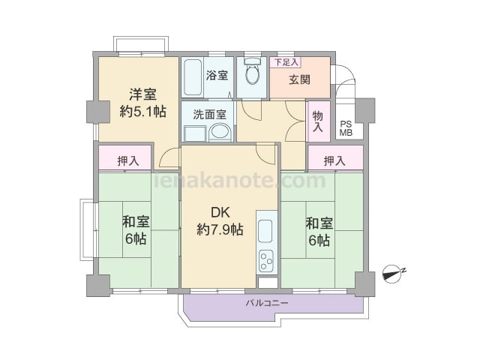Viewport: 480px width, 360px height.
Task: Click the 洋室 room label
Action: [x=142, y=94]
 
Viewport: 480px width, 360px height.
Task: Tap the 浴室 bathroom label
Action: [x=217, y=75]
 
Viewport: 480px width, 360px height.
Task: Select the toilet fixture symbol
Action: [x=252, y=71]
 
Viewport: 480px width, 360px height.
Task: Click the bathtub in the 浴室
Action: [x=193, y=77]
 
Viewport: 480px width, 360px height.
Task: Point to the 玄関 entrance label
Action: [x=300, y=79]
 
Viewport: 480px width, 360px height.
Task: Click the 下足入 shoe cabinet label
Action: [x=286, y=62]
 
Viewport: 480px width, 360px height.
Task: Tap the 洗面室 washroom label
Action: [x=210, y=114]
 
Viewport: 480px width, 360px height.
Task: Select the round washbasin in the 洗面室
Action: [x=220, y=132]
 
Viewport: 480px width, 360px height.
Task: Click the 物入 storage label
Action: [x=318, y=121]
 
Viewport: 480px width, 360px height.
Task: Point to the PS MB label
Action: [x=346, y=128]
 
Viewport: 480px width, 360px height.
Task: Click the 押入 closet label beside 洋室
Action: [x=128, y=160]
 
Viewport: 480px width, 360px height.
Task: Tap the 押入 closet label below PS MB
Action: [x=334, y=160]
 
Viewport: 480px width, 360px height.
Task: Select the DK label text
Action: [x=220, y=212]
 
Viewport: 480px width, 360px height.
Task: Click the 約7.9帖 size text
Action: [x=220, y=229]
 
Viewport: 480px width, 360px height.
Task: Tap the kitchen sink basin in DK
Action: [x=265, y=232]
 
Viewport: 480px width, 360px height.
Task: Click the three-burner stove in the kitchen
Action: [x=265, y=262]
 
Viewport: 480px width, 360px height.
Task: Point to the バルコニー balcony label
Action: [x=267, y=303]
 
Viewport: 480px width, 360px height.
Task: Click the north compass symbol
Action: [x=394, y=273]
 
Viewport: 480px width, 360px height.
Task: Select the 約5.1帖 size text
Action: [x=143, y=112]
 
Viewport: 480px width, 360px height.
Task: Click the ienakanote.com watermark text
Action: [x=240, y=181]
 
